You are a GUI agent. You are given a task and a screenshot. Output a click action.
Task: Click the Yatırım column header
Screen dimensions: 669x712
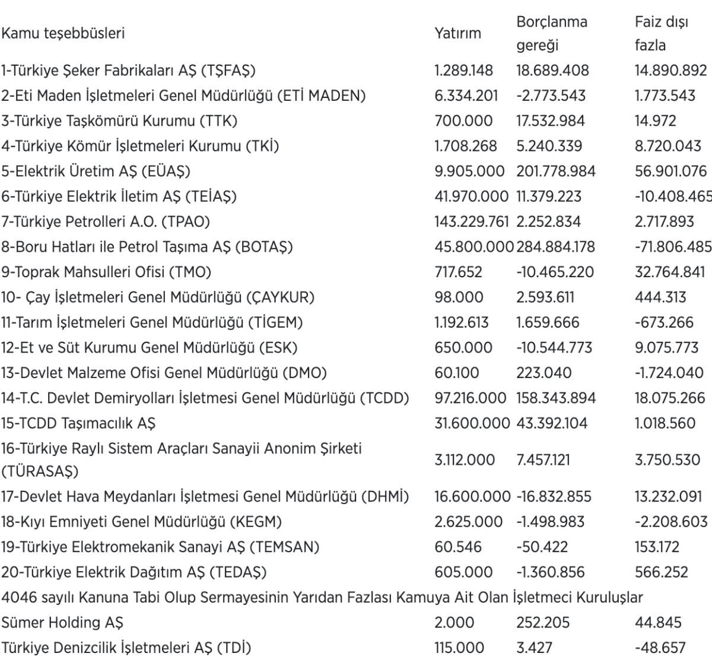(x=457, y=33)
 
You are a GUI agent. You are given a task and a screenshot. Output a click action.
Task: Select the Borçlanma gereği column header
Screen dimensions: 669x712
(x=551, y=33)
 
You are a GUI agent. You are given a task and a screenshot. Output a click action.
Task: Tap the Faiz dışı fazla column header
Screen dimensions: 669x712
(x=661, y=33)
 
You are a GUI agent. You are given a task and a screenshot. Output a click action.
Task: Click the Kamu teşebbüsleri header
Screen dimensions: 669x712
(x=63, y=33)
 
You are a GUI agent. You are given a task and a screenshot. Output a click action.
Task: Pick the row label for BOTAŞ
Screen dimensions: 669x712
(x=147, y=247)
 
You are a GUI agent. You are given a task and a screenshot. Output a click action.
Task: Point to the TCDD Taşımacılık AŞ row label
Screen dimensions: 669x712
(x=78, y=423)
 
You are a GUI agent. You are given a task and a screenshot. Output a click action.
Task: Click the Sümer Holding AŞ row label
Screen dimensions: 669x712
(x=62, y=622)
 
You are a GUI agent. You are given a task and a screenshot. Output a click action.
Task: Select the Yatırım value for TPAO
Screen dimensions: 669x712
(x=471, y=222)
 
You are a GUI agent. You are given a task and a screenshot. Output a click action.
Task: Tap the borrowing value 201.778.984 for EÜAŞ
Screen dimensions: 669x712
(x=555, y=172)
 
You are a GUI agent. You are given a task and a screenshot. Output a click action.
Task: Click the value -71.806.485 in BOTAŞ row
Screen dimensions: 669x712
(x=672, y=247)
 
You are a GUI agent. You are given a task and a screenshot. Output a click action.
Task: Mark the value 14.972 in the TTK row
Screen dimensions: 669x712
(x=655, y=121)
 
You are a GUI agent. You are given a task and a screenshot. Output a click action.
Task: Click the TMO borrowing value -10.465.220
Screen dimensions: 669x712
(x=554, y=272)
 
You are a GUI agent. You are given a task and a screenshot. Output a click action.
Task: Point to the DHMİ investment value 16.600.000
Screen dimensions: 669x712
(x=472, y=496)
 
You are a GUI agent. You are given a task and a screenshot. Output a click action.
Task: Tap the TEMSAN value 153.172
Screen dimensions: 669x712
(x=657, y=547)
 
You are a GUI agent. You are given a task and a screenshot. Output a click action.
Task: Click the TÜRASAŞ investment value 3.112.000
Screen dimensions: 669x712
(x=464, y=459)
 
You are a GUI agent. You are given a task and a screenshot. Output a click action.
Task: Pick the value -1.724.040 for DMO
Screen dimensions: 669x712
(x=669, y=373)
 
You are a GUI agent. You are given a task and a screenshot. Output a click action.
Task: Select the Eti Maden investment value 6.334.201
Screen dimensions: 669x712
(x=466, y=96)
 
